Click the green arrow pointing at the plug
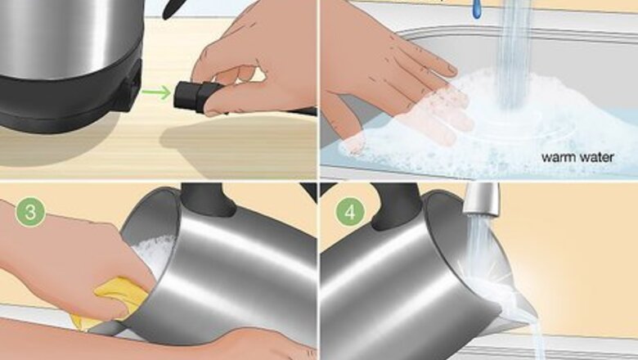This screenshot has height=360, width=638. coord(157,92)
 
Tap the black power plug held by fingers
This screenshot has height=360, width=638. coord(196,97)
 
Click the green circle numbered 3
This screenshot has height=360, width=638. coord(30,213)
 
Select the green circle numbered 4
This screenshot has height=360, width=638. coord(350,213)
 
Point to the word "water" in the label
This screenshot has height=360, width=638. coord(596,156)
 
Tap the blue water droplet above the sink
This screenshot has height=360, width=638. coord(477,9)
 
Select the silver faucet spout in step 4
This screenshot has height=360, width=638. coord(482,200)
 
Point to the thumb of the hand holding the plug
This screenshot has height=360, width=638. coord(228,104)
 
